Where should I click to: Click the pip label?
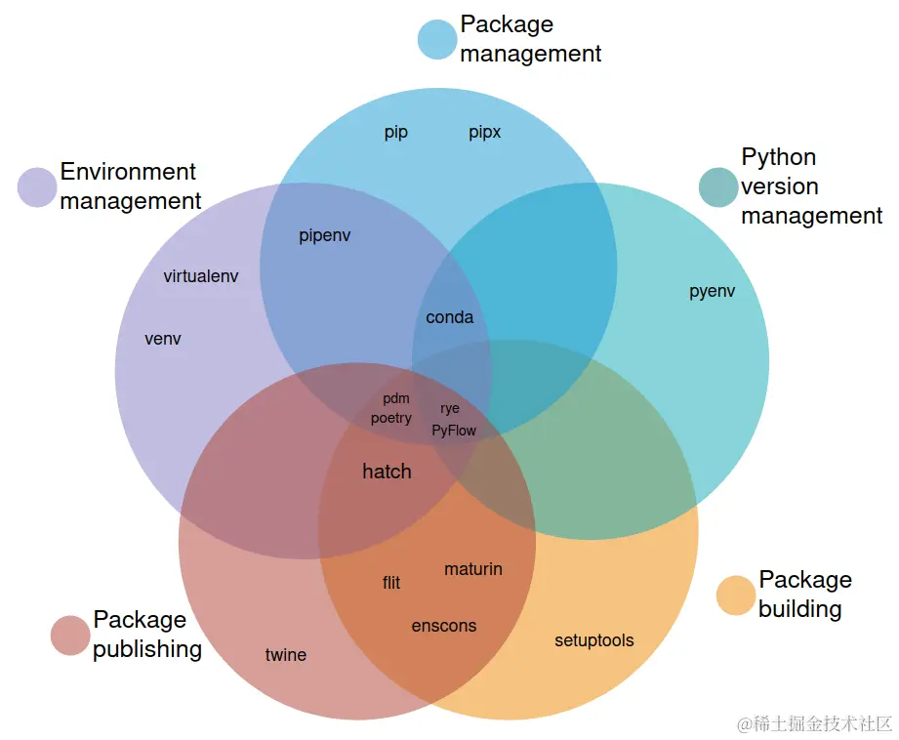396,133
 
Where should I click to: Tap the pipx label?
485,133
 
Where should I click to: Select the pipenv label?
325,235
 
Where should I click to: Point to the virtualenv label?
201,276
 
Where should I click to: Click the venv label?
163,339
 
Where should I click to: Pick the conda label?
450,317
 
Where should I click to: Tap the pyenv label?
713,291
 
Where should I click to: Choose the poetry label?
391,418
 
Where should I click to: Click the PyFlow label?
454,430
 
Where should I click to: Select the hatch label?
387,472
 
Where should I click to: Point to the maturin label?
473,568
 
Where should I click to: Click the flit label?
391,583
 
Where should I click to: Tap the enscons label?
444,626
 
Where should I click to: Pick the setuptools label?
594,640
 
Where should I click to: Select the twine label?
286,655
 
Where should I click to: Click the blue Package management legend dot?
436,39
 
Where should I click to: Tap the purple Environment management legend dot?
37,187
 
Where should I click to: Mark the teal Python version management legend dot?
718,187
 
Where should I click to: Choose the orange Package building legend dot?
736,596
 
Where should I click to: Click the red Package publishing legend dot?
70,636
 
